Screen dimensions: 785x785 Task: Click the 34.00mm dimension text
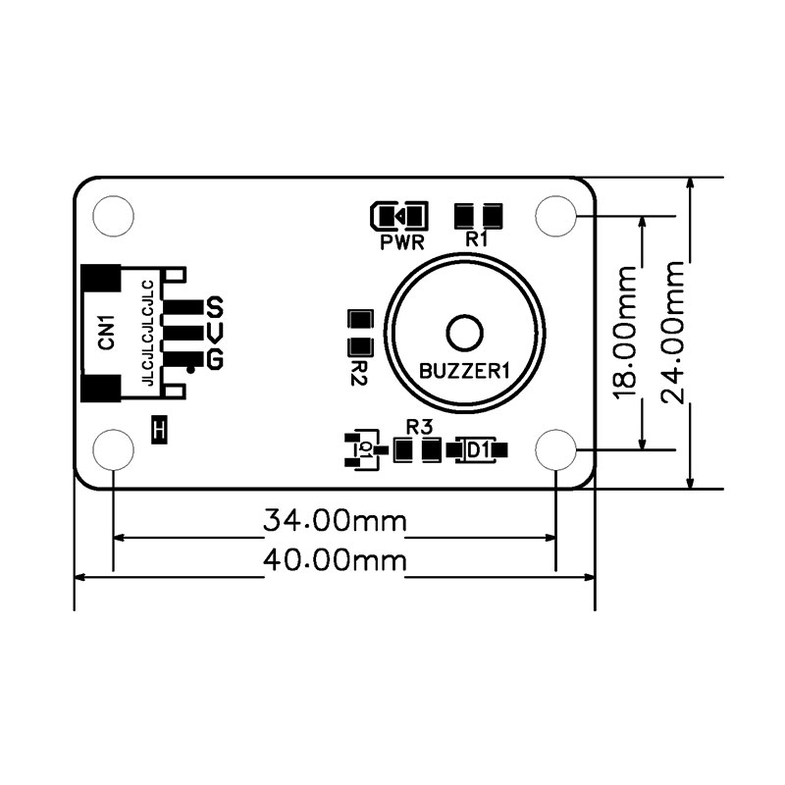(x=335, y=521)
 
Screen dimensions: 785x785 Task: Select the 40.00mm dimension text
(x=335, y=560)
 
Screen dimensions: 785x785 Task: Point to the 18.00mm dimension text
(x=625, y=333)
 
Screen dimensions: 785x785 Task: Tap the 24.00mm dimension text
(x=672, y=333)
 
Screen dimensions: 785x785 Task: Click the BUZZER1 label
(x=464, y=372)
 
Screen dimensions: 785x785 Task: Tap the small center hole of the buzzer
(x=464, y=333)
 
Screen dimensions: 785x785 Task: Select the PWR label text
(x=402, y=242)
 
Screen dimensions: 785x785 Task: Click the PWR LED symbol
(x=399, y=216)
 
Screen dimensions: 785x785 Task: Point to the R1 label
(x=476, y=239)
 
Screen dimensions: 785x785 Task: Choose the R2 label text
(x=359, y=373)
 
